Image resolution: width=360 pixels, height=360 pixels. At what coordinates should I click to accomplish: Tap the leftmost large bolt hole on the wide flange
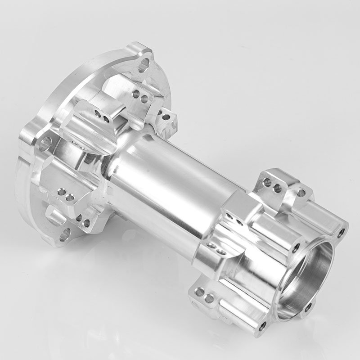(45, 144)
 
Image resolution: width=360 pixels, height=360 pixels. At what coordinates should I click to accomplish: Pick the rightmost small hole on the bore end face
(341, 233)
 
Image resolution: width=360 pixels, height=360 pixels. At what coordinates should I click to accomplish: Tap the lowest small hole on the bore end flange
(262, 324)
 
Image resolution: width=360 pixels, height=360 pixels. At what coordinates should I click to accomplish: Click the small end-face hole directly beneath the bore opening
(308, 308)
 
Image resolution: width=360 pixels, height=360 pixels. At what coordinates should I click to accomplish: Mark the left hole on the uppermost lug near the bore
(267, 182)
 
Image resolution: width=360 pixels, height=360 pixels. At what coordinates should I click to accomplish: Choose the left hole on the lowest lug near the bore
(199, 292)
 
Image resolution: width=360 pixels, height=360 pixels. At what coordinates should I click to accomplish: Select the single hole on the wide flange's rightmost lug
(166, 117)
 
